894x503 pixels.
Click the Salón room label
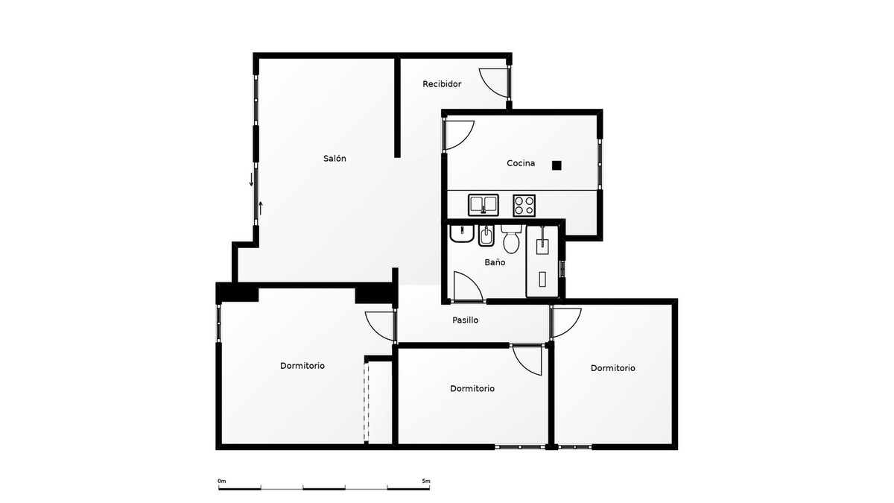[335, 159]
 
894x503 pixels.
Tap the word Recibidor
[442, 84]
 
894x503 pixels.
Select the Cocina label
[521, 163]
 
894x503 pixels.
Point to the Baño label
[495, 262]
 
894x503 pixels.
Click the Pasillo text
[465, 320]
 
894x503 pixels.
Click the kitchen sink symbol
[483, 203]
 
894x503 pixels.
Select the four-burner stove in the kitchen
[524, 203]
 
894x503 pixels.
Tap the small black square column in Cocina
[557, 165]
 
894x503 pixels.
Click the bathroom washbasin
[462, 235]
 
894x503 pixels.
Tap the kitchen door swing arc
[459, 135]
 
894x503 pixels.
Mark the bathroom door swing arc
[467, 287]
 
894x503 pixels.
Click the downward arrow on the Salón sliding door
[252, 180]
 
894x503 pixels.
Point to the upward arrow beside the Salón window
[260, 207]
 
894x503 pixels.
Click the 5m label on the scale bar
[425, 481]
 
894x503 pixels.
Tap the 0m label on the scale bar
[221, 481]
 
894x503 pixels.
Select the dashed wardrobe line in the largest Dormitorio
[366, 401]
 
